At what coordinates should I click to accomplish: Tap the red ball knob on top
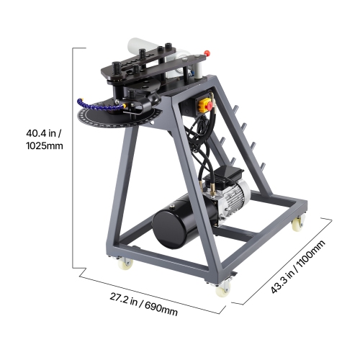coord(208,53)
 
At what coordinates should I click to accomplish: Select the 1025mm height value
coord(45,146)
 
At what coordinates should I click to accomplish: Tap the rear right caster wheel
coord(297,224)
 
